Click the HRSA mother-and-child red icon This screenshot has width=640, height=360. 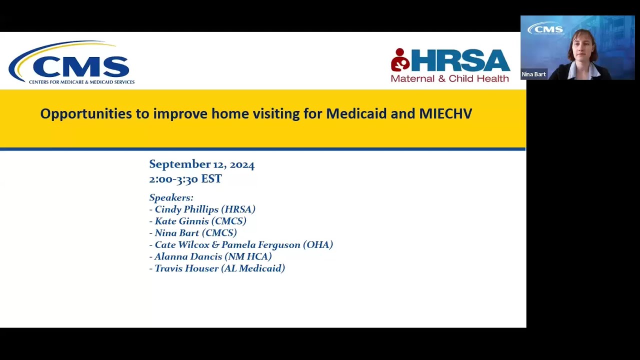[x=400, y=60]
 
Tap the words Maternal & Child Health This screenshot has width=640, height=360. [x=449, y=78]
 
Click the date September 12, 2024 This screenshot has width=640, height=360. [x=201, y=164]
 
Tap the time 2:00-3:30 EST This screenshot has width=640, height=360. [x=185, y=179]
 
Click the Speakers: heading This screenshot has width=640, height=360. [x=171, y=197]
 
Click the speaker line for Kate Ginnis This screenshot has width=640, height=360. [x=198, y=221]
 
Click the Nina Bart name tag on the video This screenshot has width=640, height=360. [x=533, y=74]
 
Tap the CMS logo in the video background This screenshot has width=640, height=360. [x=545, y=29]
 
